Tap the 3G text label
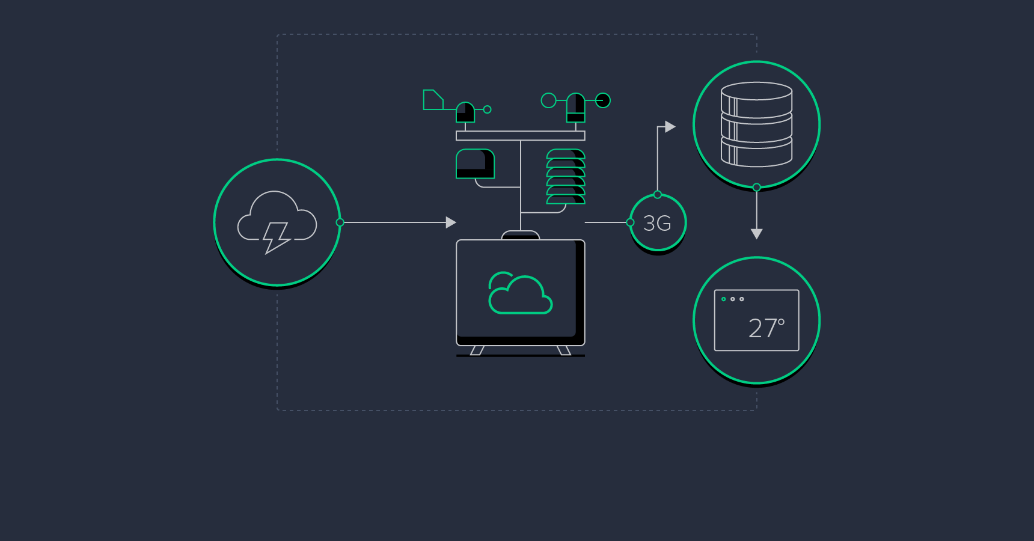tap(657, 224)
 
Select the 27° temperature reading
tap(766, 328)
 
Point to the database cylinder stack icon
tap(756, 124)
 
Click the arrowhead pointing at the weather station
tap(451, 222)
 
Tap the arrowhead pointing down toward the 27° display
tap(757, 234)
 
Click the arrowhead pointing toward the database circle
tap(670, 127)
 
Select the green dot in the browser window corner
tap(724, 299)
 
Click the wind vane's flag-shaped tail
tap(432, 100)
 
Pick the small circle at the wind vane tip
tap(488, 109)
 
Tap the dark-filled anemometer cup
tap(603, 100)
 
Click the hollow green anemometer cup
tap(548, 100)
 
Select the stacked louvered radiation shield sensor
tap(566, 177)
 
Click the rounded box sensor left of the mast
tap(475, 164)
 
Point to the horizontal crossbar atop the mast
tap(520, 136)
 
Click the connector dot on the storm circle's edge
tap(340, 222)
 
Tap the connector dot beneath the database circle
tap(757, 188)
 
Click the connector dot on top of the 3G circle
tap(658, 195)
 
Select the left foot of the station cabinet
tap(477, 350)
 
